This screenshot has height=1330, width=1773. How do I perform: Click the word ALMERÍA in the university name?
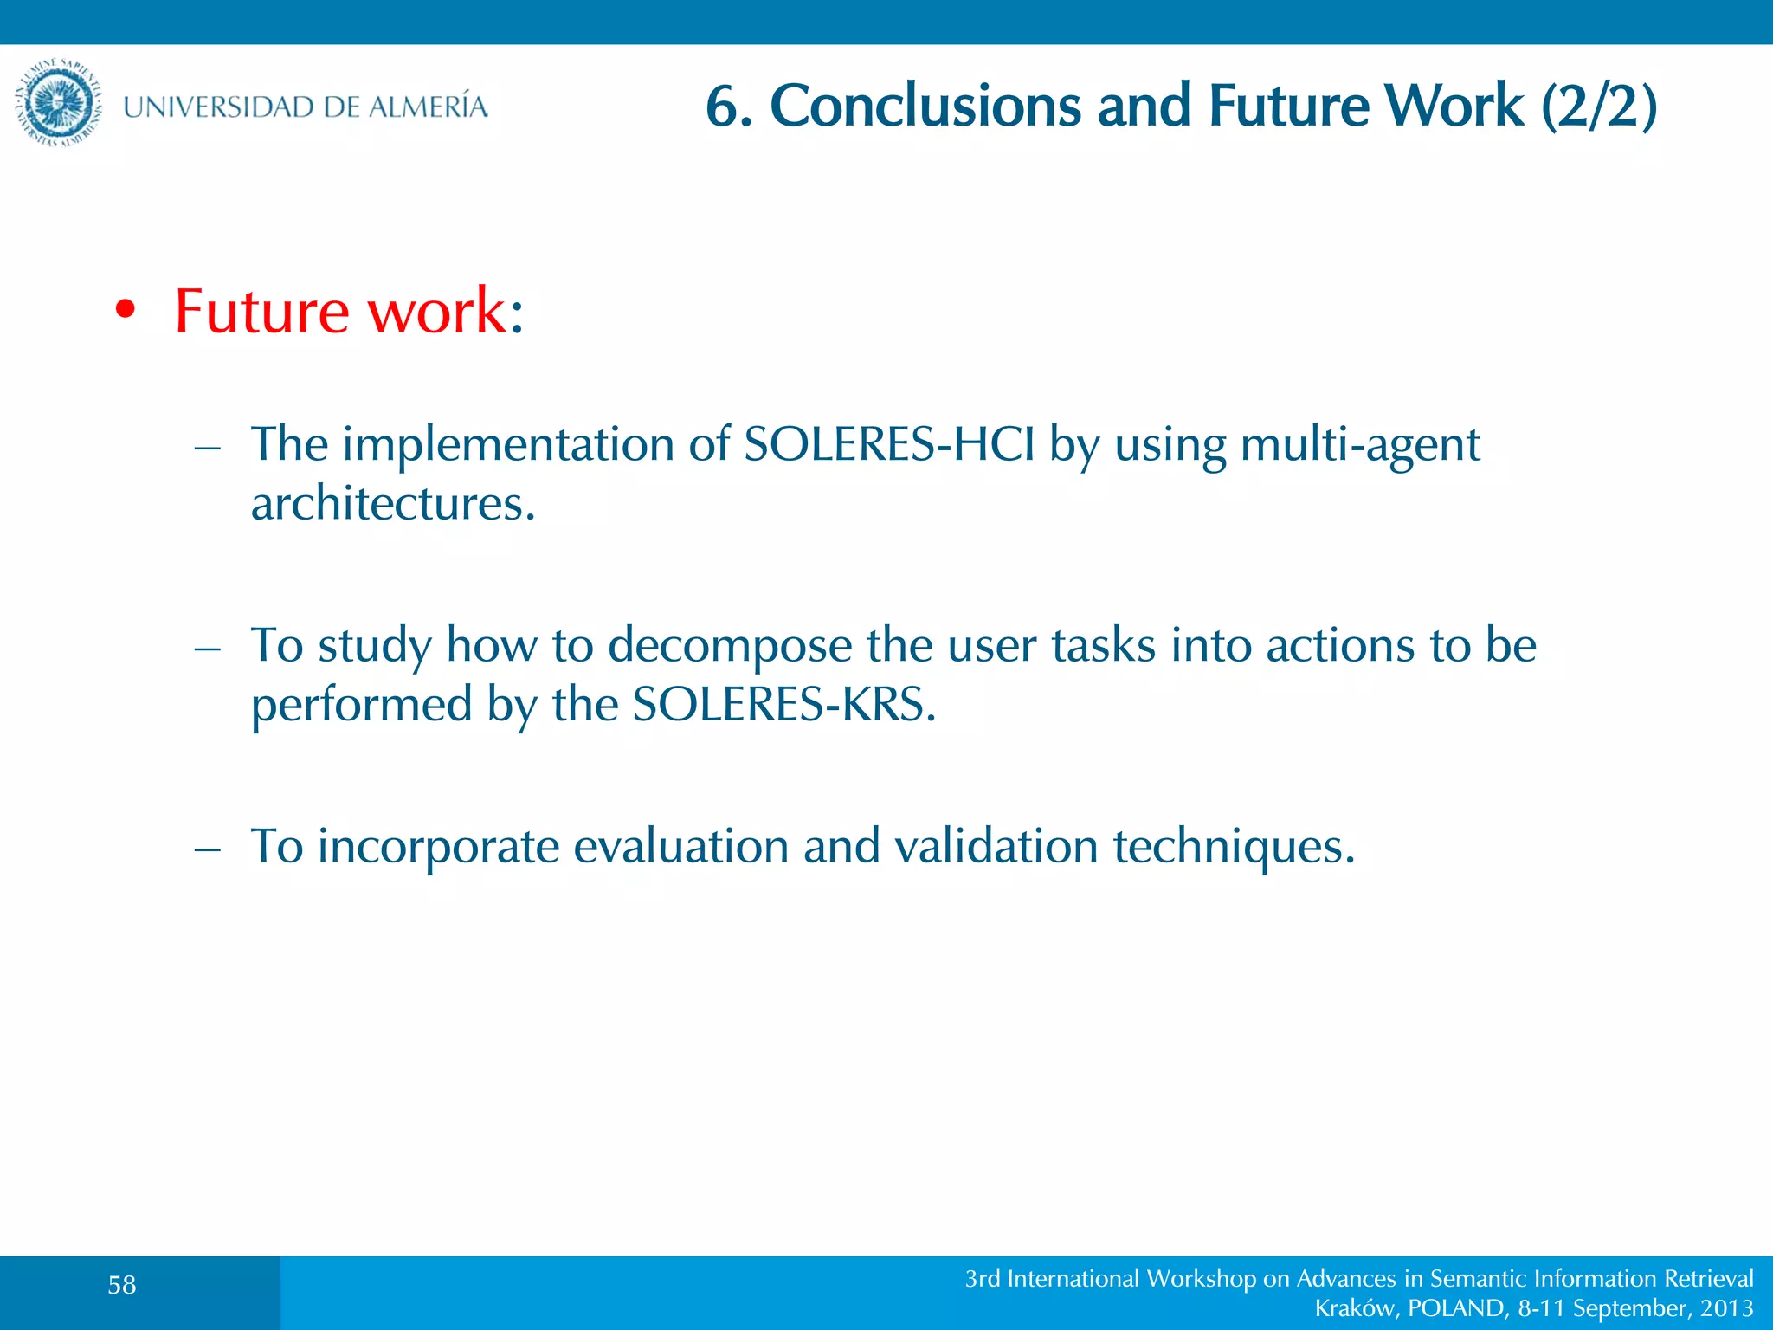click(x=428, y=107)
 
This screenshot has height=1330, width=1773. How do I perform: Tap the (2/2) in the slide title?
click(x=1599, y=107)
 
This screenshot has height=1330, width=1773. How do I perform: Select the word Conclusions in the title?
click(x=925, y=107)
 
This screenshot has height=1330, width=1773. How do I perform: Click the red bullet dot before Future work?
click(x=126, y=310)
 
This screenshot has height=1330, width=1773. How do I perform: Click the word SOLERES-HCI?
click(x=889, y=445)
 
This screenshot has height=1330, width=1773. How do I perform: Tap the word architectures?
click(x=392, y=504)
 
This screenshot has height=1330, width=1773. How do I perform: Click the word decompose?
click(x=730, y=647)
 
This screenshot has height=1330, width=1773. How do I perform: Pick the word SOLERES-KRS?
click(x=783, y=704)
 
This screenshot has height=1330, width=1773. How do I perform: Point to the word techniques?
click(x=1234, y=847)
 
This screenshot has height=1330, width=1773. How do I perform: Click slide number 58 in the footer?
click(x=122, y=1285)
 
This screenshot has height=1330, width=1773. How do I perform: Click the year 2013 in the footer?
click(x=1726, y=1308)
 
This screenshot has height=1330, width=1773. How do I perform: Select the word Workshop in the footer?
click(x=1201, y=1279)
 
